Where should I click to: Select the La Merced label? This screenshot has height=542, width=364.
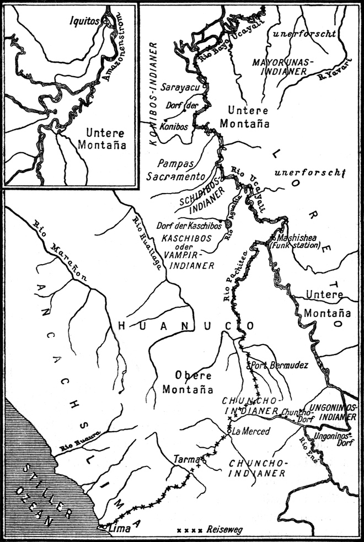[250, 432]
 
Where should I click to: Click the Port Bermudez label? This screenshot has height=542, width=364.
[275, 365]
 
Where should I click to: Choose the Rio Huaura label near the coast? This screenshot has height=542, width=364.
[79, 440]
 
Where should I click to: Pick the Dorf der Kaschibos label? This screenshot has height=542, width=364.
[189, 225]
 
